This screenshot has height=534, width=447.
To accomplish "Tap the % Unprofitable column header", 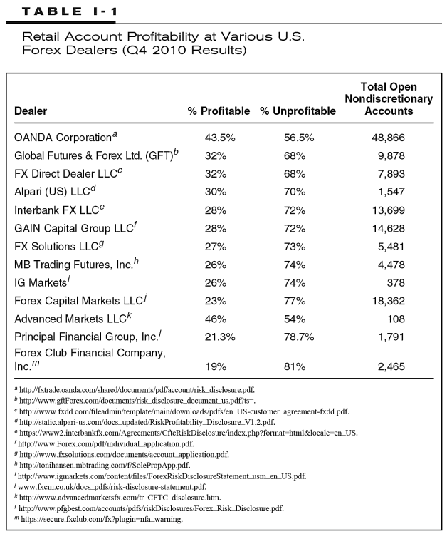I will (x=297, y=111).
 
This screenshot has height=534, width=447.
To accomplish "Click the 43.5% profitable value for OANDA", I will (x=219, y=137).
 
